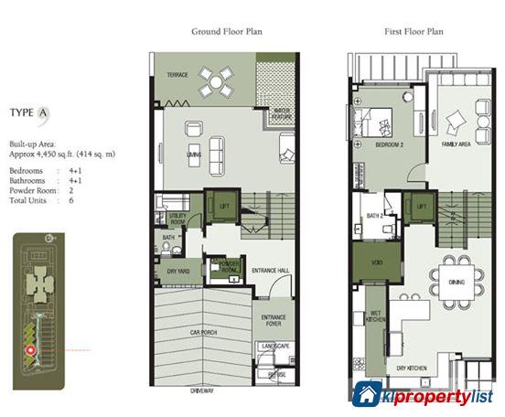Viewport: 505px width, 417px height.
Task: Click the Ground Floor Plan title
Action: pos(226,30)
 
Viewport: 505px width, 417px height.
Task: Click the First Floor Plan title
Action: pos(414,30)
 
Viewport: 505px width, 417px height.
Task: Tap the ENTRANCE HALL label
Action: pos(270,272)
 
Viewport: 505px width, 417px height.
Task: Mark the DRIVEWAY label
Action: pos(203,390)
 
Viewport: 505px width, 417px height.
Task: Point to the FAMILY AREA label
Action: pos(457,144)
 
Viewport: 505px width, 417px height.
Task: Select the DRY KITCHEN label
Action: pos(414,368)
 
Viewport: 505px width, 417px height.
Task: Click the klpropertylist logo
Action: pos(424,395)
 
